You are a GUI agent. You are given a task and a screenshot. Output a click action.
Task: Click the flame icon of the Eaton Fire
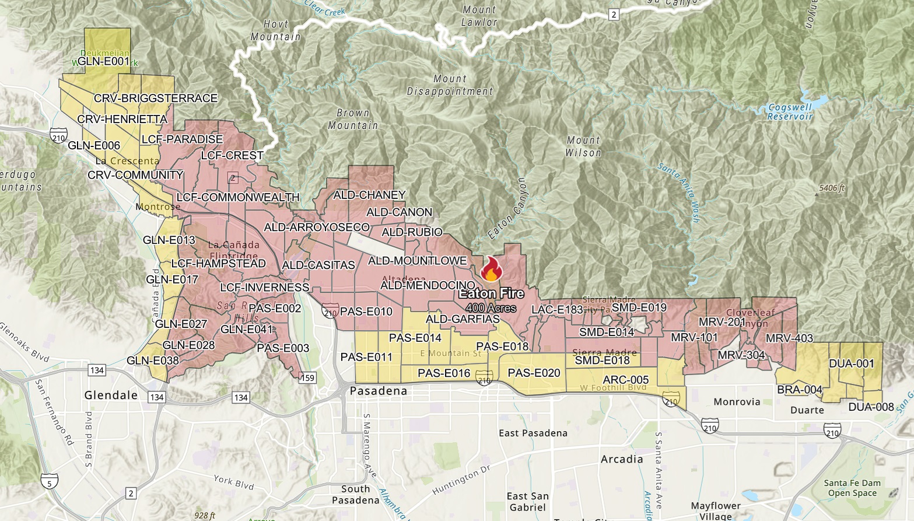[491, 270]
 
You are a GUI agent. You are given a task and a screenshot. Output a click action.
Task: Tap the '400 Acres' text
[491, 307]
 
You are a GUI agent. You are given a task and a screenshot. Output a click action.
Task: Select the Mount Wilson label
[583, 146]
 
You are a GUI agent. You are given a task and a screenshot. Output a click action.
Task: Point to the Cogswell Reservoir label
[790, 112]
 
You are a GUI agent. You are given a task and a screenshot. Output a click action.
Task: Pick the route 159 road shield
[307, 377]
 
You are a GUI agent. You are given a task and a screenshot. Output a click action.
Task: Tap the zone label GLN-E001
[103, 61]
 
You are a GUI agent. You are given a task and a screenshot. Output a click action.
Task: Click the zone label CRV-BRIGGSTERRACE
[155, 99]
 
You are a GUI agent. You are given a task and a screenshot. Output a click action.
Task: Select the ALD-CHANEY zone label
[369, 195]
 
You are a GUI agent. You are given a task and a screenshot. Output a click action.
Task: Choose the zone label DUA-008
[870, 407]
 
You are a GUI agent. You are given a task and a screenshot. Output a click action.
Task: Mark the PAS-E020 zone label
[534, 373]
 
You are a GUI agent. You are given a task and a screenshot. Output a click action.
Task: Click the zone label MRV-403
[789, 338]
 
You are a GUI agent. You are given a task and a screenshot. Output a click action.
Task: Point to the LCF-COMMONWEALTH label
[237, 197]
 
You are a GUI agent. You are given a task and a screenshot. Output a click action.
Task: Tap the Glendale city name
[111, 395]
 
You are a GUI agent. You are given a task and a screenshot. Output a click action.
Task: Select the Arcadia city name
[622, 459]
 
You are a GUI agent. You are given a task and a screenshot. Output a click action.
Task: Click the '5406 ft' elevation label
[832, 188]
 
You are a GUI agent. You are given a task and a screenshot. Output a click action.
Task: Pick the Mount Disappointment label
[450, 85]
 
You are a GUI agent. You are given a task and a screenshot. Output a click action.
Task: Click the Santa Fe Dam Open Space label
[852, 488]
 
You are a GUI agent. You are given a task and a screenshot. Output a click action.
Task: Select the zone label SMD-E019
[639, 307]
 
